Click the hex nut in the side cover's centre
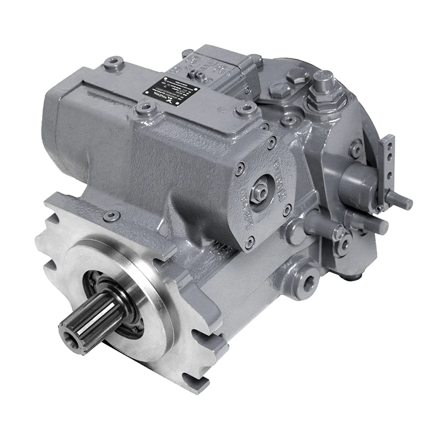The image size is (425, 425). tap(260, 188)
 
